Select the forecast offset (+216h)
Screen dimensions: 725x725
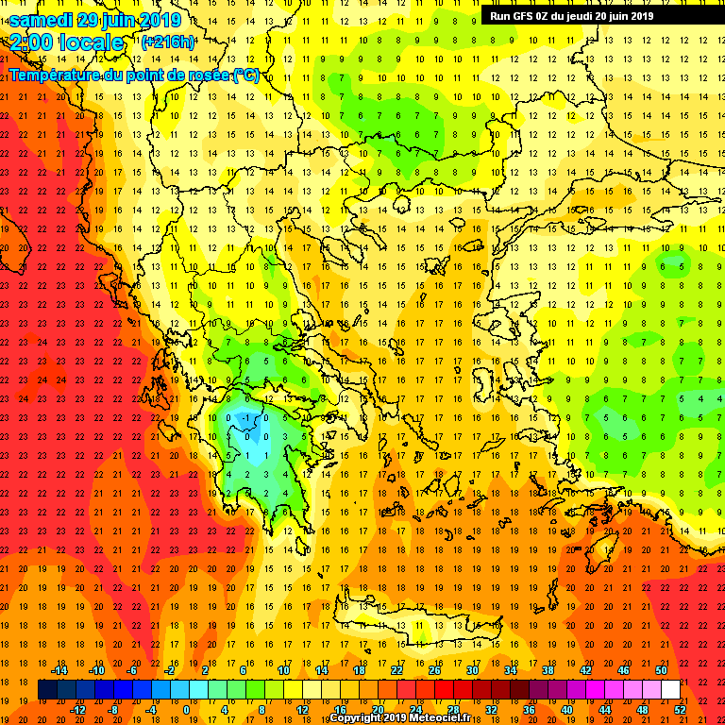coord(168,42)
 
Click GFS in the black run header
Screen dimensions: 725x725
coord(525,15)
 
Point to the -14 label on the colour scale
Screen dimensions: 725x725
coord(59,670)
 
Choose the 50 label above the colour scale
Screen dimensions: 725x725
coord(662,670)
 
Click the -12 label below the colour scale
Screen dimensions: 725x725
coord(77,709)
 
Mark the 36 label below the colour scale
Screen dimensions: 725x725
coord(529,709)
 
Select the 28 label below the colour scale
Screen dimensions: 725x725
coord(453,709)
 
